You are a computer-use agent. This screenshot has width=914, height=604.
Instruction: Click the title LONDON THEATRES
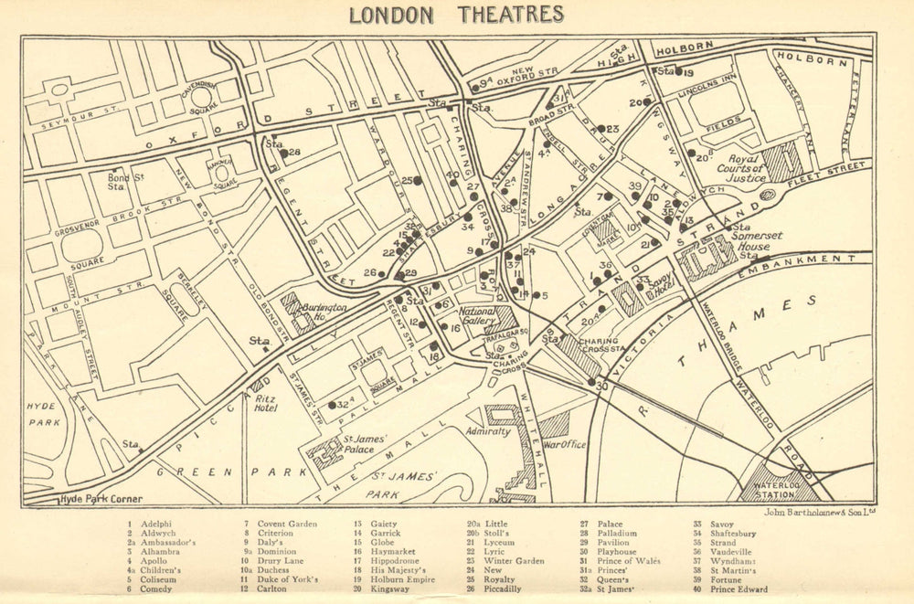pos(457,14)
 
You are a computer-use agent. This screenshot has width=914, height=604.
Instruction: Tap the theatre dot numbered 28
pos(283,153)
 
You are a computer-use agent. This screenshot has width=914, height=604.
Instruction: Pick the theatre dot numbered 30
pos(591,382)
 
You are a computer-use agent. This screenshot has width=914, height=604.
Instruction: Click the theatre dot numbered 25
pos(418,181)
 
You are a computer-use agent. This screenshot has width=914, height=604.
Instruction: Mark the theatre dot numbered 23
pos(600,129)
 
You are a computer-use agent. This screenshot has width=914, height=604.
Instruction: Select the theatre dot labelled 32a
pos(331,404)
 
